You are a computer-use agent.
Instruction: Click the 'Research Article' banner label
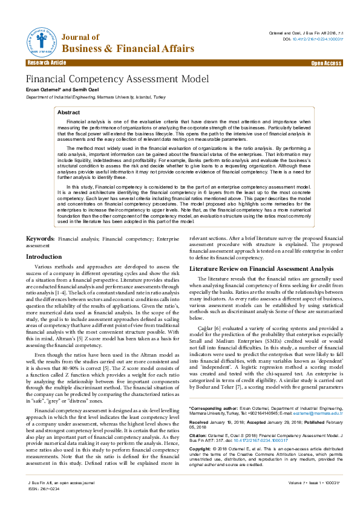click(x=47, y=63)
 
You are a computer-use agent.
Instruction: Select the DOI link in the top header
click(x=316, y=39)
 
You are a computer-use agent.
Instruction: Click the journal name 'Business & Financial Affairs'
click(x=128, y=48)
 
